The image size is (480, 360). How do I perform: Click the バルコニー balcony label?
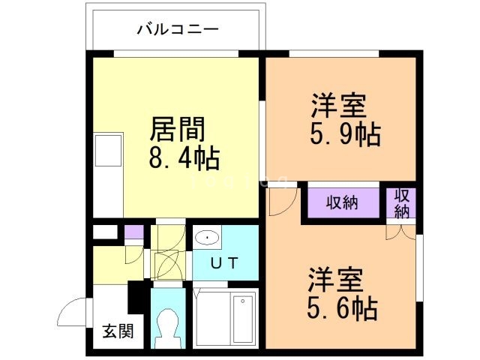pyautogui.click(x=177, y=30)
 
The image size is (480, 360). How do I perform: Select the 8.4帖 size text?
pyautogui.click(x=182, y=158)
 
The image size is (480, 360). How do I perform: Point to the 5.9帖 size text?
pyautogui.click(x=344, y=134)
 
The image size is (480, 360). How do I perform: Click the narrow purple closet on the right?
pyautogui.click(x=402, y=202)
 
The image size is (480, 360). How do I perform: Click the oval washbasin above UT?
pyautogui.click(x=207, y=238)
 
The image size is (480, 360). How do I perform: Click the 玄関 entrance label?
pyautogui.click(x=117, y=331)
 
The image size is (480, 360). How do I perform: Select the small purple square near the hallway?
pyautogui.click(x=133, y=232)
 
